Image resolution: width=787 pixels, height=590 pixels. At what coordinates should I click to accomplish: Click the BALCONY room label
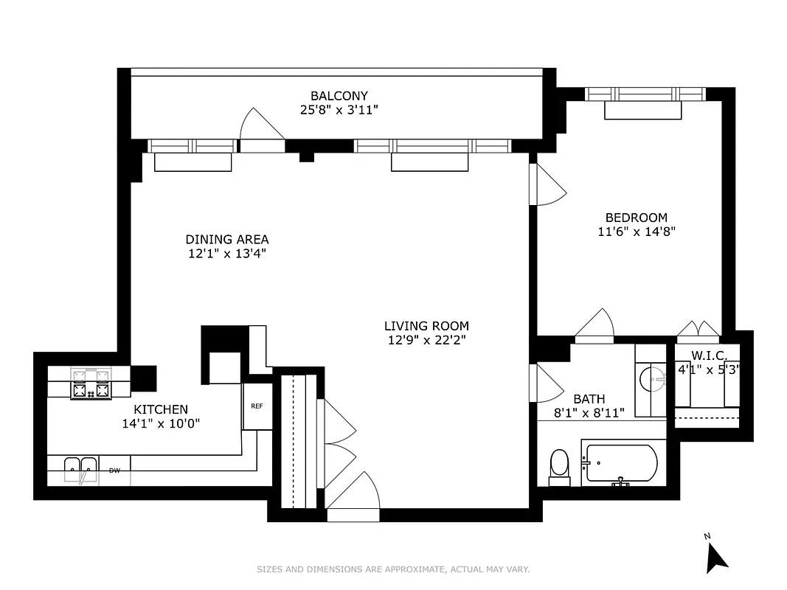(339, 96)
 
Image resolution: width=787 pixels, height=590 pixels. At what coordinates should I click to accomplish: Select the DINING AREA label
(226, 240)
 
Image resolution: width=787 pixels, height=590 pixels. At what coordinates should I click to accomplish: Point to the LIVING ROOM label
(426, 326)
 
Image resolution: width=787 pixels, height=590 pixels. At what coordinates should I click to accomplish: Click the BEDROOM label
(636, 218)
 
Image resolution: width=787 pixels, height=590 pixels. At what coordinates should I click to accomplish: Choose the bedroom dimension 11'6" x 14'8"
(636, 231)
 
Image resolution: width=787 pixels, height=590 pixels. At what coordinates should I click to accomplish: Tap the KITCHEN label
(160, 409)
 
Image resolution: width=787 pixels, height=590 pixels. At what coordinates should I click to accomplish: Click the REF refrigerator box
(257, 406)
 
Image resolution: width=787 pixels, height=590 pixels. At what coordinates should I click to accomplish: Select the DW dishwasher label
(114, 470)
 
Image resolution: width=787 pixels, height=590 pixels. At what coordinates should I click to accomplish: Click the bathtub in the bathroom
(620, 464)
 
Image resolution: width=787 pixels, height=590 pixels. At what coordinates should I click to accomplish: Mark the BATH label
(589, 399)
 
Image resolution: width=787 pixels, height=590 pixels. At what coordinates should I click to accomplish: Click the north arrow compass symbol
(715, 554)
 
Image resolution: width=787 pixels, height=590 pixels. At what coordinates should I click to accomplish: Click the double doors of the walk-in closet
(698, 329)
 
